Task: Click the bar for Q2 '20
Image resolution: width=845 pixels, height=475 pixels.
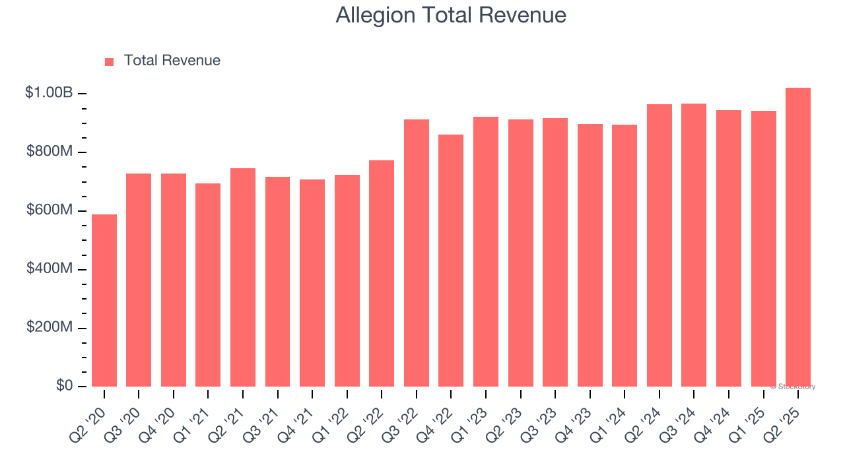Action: (x=104, y=301)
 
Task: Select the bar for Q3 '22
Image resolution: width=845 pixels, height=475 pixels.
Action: (x=417, y=253)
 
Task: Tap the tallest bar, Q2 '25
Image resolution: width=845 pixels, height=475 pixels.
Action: (x=798, y=237)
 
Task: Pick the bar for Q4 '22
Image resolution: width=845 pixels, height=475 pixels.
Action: (x=451, y=261)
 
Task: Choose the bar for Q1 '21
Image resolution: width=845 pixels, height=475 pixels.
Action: (x=208, y=285)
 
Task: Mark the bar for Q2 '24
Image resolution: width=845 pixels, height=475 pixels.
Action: (x=659, y=245)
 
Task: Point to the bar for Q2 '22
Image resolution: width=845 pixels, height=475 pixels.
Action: (x=382, y=274)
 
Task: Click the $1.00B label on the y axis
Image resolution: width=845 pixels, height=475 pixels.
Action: (x=49, y=93)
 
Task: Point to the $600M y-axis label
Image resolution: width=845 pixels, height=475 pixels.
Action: (x=50, y=210)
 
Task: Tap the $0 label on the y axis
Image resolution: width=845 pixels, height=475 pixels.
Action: (x=64, y=386)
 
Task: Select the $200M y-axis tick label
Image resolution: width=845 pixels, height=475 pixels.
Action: (x=50, y=328)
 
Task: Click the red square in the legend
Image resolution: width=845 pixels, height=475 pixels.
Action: (x=110, y=61)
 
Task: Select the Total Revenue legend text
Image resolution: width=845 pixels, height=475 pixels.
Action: (x=172, y=61)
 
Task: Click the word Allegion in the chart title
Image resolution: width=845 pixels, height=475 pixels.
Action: (x=375, y=15)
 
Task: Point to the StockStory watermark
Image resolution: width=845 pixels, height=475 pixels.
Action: (x=793, y=387)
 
